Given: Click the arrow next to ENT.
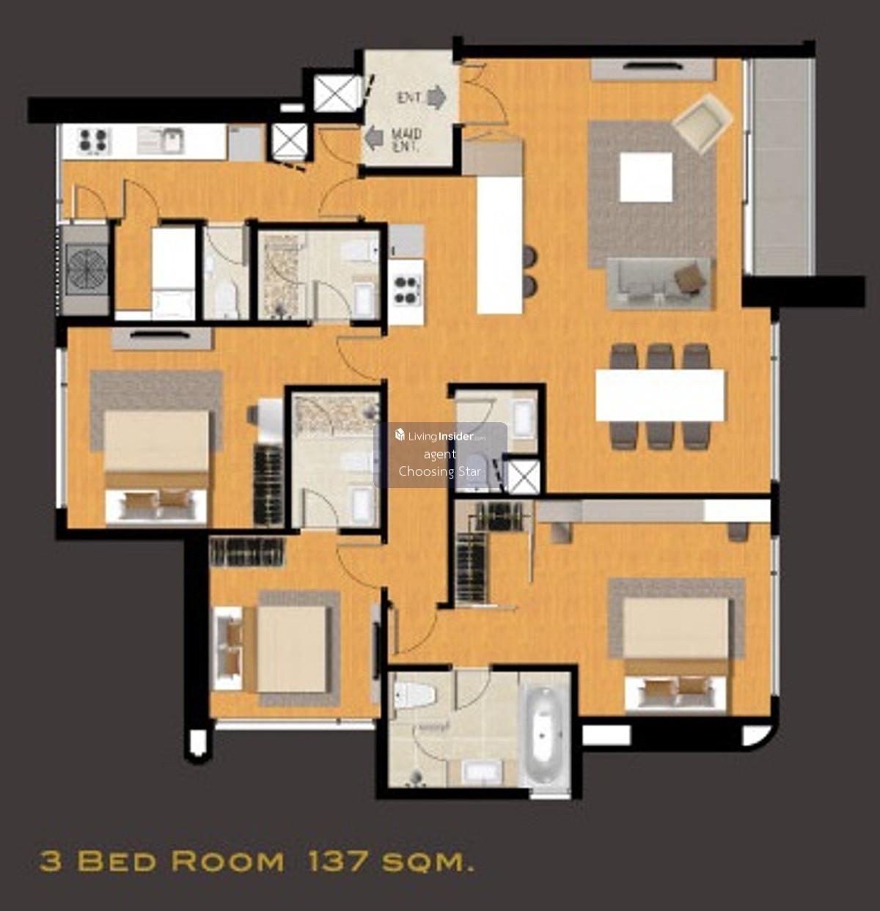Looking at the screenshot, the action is (x=436, y=97).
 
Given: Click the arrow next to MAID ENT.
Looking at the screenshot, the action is (x=374, y=138).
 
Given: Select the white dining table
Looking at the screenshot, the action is (x=660, y=395).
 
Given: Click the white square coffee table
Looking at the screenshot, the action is (x=646, y=177).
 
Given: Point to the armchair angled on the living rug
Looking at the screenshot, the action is (x=702, y=122).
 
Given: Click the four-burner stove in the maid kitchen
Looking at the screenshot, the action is (x=94, y=140).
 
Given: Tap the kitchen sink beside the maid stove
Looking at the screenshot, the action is (x=160, y=141).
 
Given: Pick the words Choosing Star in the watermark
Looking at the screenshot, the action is (x=439, y=471).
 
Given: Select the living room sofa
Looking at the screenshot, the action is (x=659, y=283).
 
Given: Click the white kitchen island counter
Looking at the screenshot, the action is (x=499, y=244).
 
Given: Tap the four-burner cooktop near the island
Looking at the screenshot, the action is (x=406, y=291).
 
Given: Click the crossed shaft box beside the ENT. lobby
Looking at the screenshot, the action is (x=337, y=93).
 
